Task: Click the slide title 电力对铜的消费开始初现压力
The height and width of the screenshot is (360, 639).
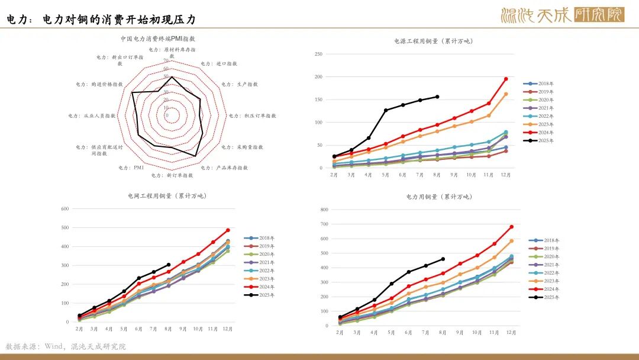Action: pos(119,20)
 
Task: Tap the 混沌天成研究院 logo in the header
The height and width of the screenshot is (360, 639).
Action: pos(562,15)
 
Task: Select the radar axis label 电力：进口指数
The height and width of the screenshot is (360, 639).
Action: pos(219,63)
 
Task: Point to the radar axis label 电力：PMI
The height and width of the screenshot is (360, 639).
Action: pos(131,168)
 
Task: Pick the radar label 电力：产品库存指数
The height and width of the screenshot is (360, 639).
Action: pos(224,168)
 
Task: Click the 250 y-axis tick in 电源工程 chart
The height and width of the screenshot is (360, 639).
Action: pos(318,54)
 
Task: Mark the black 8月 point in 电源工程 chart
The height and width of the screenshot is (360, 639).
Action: pos(437,97)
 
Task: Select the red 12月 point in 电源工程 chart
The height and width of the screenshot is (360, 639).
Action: pos(506,79)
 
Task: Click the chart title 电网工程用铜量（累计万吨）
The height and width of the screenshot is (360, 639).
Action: pos(167,196)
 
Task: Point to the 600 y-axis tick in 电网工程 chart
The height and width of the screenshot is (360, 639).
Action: pos(65,208)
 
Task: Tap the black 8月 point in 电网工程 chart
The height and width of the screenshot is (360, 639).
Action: pos(169,265)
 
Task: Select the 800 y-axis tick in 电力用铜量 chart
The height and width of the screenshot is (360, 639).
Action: pos(324,210)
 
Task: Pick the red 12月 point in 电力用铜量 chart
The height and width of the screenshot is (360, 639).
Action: pos(511,227)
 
